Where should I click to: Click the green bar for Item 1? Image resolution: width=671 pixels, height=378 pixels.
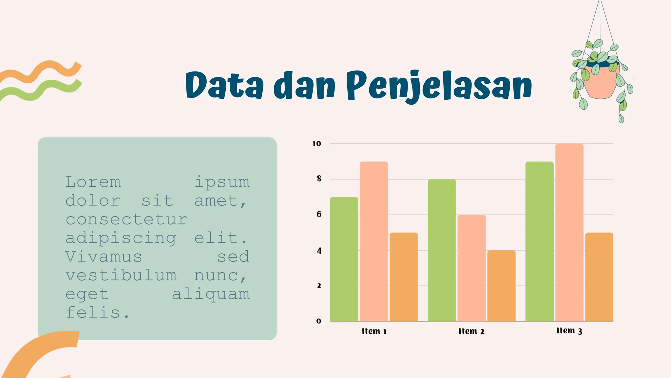pos(344,259)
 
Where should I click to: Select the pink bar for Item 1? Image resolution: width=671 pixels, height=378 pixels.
pos(374,241)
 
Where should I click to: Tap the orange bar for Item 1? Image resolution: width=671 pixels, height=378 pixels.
pos(404,277)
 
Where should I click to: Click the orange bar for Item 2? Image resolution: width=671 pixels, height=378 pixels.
pos(501,286)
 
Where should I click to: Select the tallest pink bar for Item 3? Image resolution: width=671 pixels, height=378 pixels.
pos(569,233)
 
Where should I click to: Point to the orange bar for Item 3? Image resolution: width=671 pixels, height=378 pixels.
pos(599,277)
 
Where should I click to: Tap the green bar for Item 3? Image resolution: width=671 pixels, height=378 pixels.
pos(539,241)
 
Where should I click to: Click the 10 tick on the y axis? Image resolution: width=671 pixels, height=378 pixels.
pos(316,144)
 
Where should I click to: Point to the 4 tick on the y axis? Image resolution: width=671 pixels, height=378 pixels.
pos(319,251)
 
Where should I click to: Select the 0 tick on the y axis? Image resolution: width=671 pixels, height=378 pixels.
pos(319,321)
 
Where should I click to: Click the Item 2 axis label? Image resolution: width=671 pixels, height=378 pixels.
pos(471,331)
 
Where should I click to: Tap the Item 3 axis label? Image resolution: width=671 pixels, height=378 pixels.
pos(569,331)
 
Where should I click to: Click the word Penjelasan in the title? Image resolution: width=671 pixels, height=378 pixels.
pos(439,86)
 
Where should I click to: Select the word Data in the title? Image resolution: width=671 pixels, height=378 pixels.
pos(224,85)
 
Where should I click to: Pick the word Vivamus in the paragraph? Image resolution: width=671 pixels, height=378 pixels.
pos(104,257)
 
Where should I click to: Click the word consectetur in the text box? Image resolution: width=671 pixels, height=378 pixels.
pos(126,219)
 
